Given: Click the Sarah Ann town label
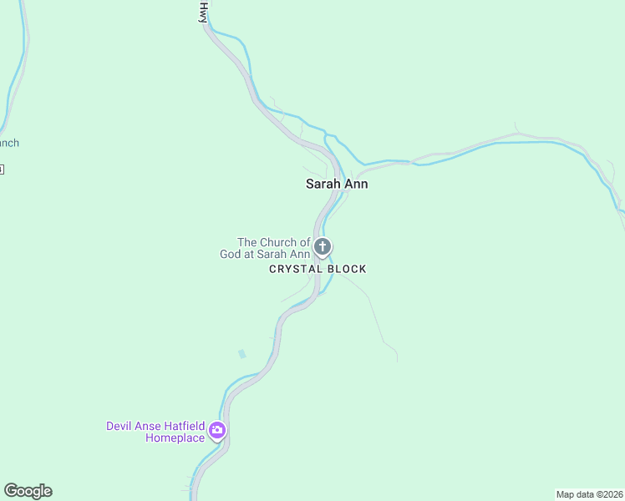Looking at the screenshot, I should click(x=337, y=184).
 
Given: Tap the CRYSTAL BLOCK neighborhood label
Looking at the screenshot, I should click(x=318, y=269).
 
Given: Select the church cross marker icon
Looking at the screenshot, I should click(x=323, y=247).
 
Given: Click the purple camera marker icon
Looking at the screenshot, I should click(x=217, y=431).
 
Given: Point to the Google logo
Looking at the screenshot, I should click(x=28, y=491).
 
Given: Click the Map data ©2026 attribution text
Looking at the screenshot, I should click(x=589, y=494).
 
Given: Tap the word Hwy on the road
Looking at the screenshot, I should click(x=202, y=12).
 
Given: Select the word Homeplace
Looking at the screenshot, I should click(x=175, y=438).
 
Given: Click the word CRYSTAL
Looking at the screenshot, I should click(x=292, y=269).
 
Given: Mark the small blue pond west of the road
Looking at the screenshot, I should click(x=242, y=354).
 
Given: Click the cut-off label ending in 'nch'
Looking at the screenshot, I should click(x=8, y=143).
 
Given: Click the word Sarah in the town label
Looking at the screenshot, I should click(x=323, y=184).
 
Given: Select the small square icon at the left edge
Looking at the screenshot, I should click(x=2, y=170).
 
